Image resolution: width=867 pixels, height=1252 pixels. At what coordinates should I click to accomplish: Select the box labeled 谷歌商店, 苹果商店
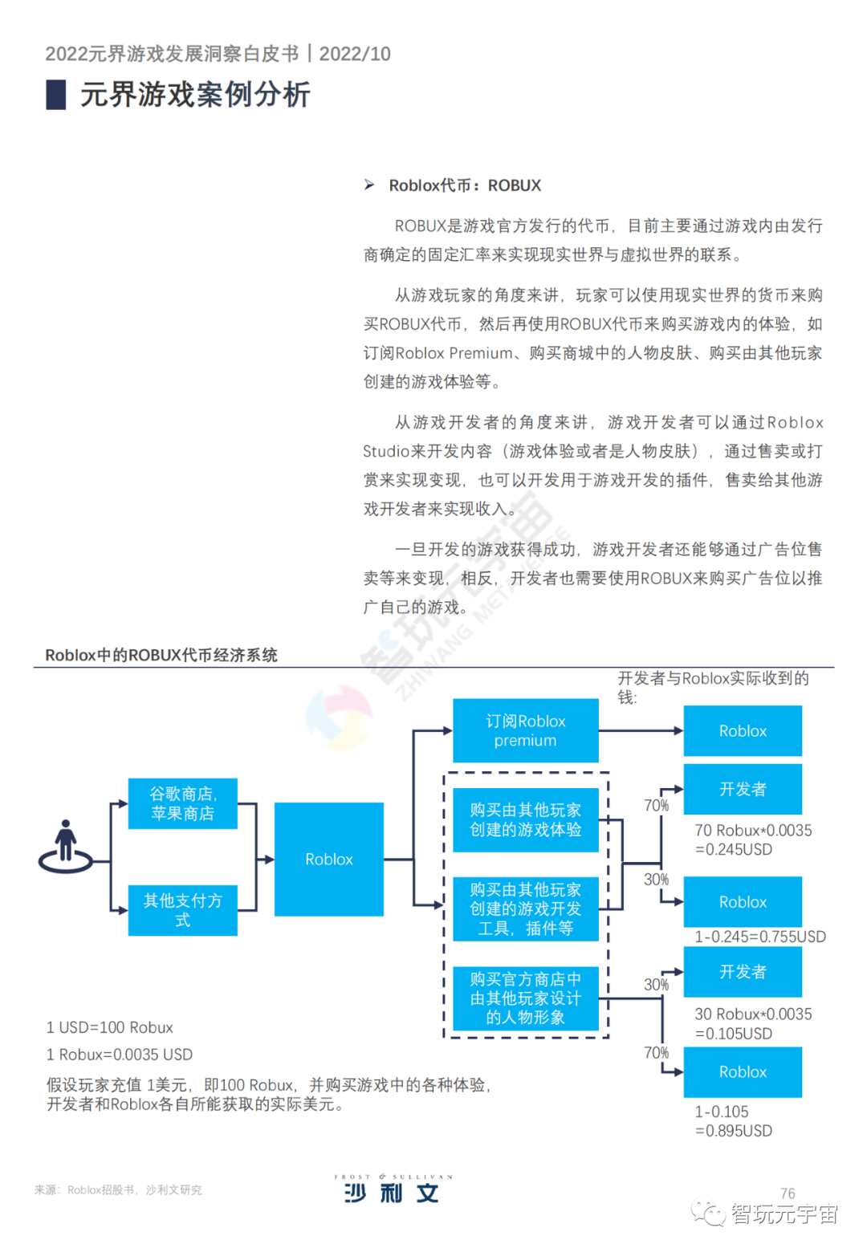click(x=183, y=803)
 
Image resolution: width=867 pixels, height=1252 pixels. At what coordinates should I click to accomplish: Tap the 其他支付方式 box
click(x=183, y=910)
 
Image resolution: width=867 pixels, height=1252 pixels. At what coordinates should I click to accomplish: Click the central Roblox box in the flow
click(x=329, y=860)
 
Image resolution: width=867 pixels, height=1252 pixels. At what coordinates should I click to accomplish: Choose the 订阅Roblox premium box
click(x=525, y=730)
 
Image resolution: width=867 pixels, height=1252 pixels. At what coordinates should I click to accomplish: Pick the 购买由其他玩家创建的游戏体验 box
click(x=525, y=819)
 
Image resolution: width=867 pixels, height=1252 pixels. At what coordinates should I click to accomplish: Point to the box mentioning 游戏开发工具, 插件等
click(x=525, y=909)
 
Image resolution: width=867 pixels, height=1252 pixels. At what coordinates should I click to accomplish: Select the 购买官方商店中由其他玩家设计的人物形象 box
click(x=525, y=998)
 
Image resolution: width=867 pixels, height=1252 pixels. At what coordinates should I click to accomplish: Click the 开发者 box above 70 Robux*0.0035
click(x=743, y=789)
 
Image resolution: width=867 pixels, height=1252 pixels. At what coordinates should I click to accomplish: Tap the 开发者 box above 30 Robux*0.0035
click(x=743, y=972)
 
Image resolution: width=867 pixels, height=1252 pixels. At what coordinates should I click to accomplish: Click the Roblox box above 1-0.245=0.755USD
click(x=743, y=902)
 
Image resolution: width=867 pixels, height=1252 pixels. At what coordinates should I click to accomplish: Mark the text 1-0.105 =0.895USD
click(x=733, y=1121)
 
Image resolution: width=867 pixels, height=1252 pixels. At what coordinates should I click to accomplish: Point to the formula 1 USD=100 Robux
click(x=110, y=1027)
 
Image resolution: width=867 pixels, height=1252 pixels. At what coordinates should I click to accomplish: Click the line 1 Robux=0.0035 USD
click(x=120, y=1055)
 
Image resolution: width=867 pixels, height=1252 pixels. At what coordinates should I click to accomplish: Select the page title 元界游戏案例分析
click(x=195, y=95)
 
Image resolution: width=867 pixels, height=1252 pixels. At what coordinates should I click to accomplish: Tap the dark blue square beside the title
click(x=56, y=95)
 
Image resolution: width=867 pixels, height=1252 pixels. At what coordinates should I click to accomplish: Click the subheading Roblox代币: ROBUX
click(x=465, y=185)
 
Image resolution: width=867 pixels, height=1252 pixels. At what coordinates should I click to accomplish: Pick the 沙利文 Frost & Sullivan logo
click(x=393, y=1189)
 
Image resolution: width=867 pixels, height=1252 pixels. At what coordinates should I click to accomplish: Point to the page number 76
click(x=788, y=1193)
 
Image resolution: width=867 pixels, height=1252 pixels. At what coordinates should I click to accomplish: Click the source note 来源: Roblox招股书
click(x=118, y=1189)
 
